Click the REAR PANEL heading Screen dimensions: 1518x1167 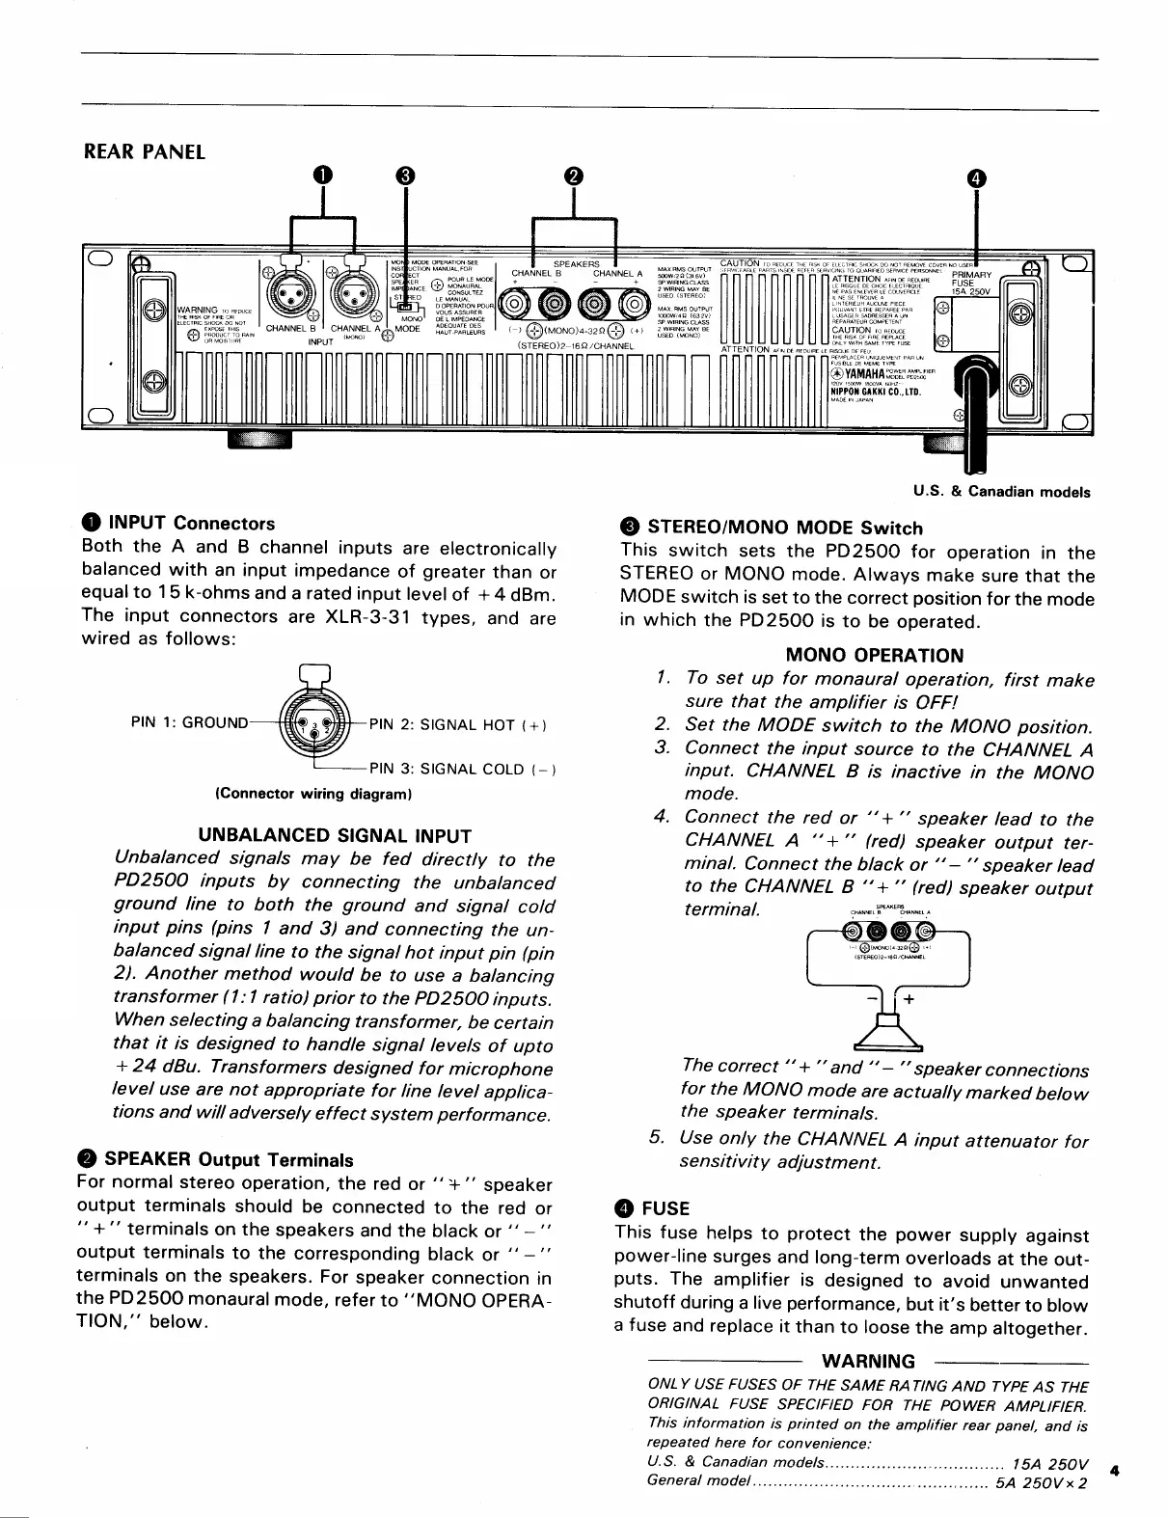(x=145, y=152)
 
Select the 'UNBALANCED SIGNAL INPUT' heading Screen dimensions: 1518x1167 (x=335, y=835)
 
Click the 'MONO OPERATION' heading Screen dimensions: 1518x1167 (x=874, y=656)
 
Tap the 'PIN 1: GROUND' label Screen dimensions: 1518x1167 (x=189, y=721)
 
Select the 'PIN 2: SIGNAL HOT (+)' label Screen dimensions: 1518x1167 (x=457, y=725)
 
